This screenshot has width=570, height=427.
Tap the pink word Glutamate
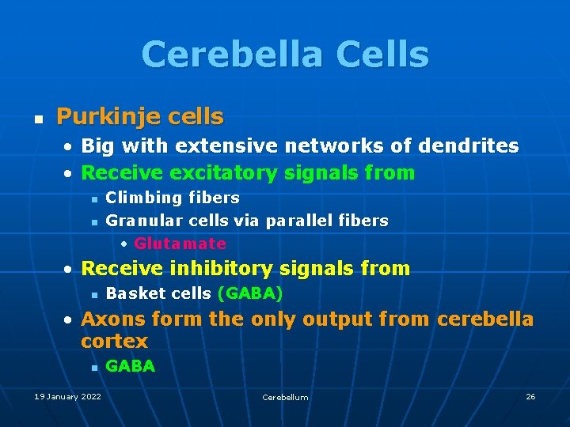[180, 244]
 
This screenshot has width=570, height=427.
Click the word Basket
[131, 293]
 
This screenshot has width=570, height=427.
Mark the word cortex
[114, 342]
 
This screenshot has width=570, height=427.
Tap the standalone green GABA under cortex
[130, 366]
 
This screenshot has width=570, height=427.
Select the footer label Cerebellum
[285, 397]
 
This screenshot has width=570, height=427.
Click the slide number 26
[530, 396]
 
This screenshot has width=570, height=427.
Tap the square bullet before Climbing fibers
[93, 198]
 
